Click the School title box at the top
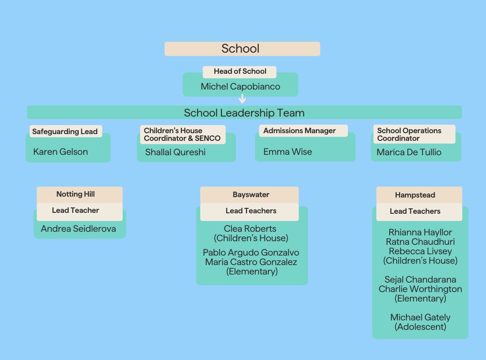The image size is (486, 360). [242, 49]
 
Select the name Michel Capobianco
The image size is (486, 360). [240, 86]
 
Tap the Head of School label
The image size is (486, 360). [240, 72]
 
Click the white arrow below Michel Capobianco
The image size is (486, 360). [242, 99]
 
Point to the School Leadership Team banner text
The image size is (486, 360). [244, 112]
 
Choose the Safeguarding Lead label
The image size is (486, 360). [65, 132]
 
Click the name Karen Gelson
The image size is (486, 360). [60, 152]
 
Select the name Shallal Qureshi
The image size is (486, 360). [175, 152]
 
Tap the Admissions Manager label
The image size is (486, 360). [299, 131]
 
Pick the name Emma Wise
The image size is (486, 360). [288, 152]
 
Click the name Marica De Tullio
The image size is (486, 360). [409, 152]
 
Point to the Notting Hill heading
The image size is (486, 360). [76, 194]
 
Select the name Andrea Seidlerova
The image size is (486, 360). [78, 229]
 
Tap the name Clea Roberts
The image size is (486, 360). [250, 229]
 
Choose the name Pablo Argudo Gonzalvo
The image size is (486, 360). [251, 252]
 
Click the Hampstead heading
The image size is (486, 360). [415, 195]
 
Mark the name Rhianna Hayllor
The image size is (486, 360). [420, 232]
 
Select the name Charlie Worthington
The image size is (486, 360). [420, 289]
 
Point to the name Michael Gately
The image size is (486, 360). [420, 317]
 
